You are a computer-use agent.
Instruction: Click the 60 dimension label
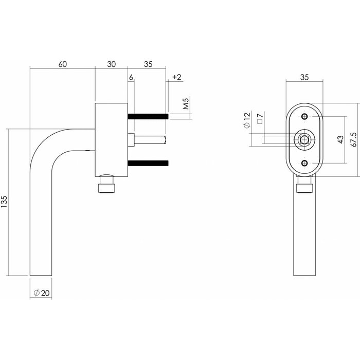(63, 64)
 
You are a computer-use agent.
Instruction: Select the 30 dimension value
(111, 64)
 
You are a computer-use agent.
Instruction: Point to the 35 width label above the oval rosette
(304, 78)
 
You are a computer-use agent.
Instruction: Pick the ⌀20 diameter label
(41, 293)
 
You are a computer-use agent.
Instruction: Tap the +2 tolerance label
(176, 77)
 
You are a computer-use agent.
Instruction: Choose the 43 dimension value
(340, 140)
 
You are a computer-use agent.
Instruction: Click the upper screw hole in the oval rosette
(305, 116)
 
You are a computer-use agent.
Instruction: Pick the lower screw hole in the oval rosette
(305, 164)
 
